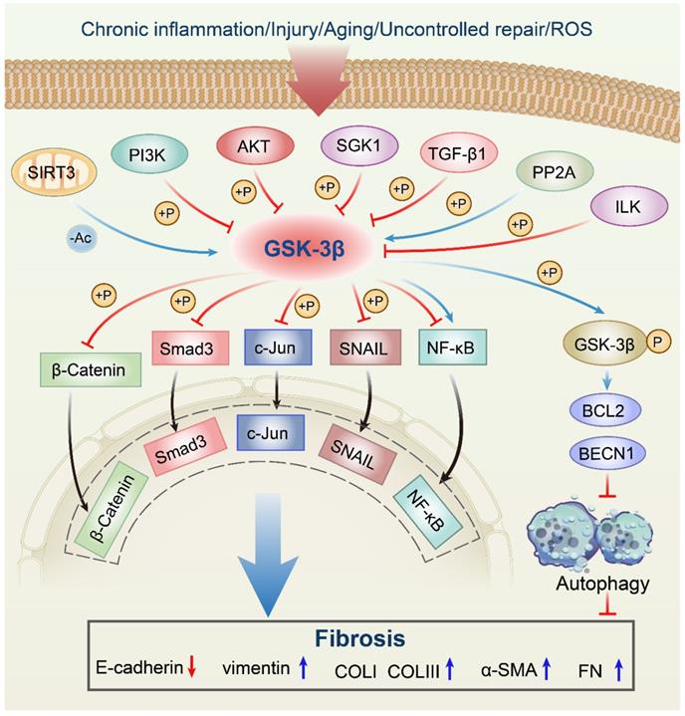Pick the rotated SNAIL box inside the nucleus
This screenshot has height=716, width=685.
pyautogui.click(x=360, y=438)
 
